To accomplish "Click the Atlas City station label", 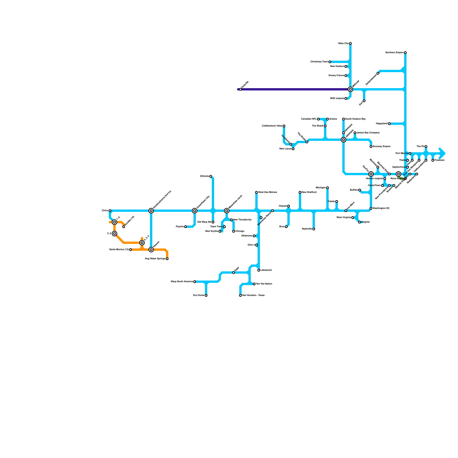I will (x=343, y=44).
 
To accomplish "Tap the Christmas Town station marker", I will (x=330, y=62).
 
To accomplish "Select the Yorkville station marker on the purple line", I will (x=240, y=89).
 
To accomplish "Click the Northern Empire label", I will (x=394, y=53).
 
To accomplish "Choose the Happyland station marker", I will (x=389, y=124).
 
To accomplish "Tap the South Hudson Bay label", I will (x=355, y=119).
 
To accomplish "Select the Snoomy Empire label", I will (x=382, y=147).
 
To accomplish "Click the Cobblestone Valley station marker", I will (x=284, y=126).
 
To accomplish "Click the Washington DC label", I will (x=381, y=208).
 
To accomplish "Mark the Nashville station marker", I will (x=314, y=229).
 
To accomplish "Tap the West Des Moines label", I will (x=267, y=192).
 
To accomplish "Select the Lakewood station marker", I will (x=259, y=270).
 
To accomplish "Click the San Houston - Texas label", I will (x=253, y=295).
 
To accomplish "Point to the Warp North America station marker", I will (x=195, y=282).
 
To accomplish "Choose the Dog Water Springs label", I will (x=155, y=259).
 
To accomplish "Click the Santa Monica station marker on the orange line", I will (x=131, y=250).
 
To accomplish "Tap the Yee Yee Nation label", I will (x=264, y=284).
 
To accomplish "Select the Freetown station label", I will (x=439, y=160).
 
